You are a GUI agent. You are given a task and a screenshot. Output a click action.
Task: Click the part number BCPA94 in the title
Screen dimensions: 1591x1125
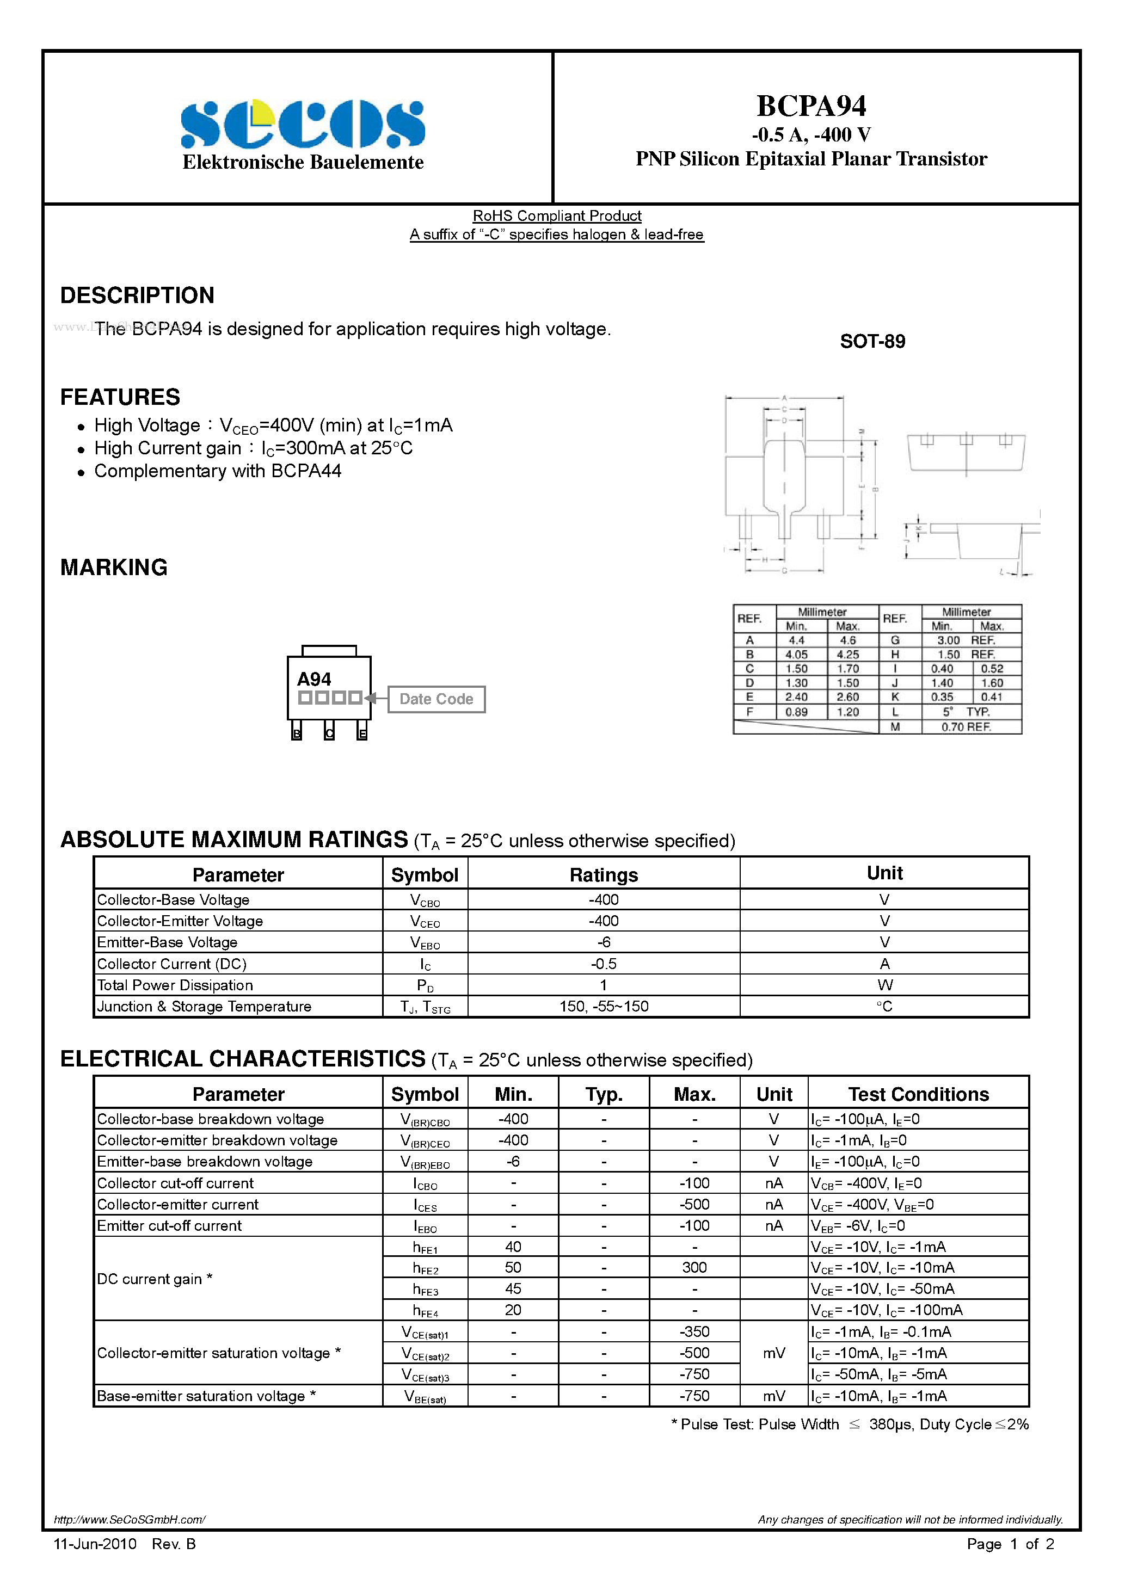pos(811,106)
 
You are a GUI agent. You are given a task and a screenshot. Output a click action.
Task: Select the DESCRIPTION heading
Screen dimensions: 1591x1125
pos(137,295)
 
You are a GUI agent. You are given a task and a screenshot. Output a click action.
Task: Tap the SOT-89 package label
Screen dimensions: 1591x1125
pos(872,342)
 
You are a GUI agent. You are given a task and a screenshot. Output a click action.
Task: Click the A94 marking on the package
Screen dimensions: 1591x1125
pos(314,679)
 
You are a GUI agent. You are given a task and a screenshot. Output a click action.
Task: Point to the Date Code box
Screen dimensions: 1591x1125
pos(436,699)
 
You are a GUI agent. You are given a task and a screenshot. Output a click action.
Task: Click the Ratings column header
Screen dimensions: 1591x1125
pos(603,874)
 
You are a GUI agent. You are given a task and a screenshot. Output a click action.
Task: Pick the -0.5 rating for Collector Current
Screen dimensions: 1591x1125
pos(603,964)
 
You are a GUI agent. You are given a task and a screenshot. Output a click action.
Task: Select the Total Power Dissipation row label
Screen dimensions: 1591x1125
pos(175,985)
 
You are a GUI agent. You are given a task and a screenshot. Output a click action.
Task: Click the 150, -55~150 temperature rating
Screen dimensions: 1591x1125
pos(603,1006)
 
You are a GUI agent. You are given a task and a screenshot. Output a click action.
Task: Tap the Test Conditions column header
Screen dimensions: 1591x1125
pos(918,1094)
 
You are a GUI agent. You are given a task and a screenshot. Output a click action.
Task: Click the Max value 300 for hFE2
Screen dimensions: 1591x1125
pos(694,1267)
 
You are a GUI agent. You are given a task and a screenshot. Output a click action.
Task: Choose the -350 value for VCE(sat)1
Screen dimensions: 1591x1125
pos(694,1331)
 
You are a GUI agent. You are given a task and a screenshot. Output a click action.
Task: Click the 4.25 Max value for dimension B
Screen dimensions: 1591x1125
pos(847,654)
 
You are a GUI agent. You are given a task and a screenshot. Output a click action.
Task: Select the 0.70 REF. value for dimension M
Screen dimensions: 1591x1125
pos(966,727)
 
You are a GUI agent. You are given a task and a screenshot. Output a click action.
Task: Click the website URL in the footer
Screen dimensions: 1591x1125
pos(130,1520)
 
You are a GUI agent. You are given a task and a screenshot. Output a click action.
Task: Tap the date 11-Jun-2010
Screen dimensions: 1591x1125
pos(95,1544)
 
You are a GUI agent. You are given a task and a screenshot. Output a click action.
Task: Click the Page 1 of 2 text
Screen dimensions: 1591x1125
pos(1010,1544)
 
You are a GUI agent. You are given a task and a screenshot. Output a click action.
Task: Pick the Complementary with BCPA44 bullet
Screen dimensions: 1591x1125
pos(218,471)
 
